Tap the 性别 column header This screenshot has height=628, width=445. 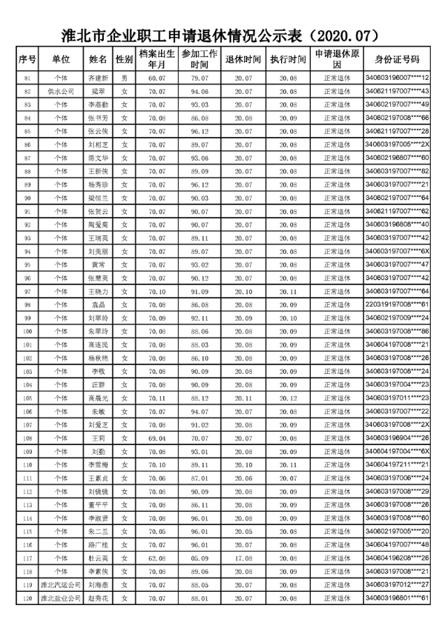click(125, 59)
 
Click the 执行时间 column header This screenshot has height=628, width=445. click(289, 59)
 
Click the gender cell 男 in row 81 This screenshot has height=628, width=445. click(125, 78)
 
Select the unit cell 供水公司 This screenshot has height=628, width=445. click(61, 91)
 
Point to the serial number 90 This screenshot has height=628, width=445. click(27, 198)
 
